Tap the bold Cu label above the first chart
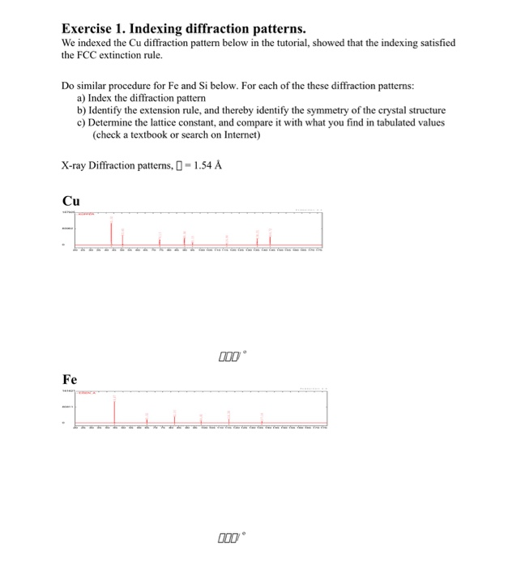[x=71, y=201]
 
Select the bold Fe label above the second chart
[x=70, y=379]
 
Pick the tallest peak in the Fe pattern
[x=113, y=410]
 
